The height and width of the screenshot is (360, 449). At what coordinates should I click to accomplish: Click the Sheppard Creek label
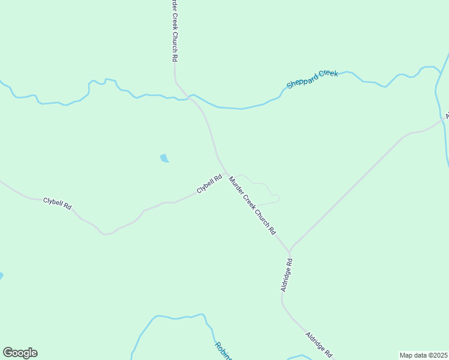tap(312, 79)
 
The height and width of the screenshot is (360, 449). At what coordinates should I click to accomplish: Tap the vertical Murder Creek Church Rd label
tap(174, 30)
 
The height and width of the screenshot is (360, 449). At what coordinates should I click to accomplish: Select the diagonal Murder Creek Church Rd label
tap(252, 205)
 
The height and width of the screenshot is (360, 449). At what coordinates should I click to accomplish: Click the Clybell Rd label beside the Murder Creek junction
tap(209, 184)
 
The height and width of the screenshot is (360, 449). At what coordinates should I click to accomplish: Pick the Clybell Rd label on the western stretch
tap(58, 203)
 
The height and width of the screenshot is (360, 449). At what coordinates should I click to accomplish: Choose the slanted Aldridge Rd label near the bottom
tap(319, 345)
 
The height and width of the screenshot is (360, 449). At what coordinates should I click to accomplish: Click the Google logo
tap(20, 353)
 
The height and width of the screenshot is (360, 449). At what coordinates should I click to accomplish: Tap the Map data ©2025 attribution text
tap(424, 355)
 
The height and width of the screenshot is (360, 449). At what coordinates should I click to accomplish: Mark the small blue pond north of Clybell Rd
tap(164, 158)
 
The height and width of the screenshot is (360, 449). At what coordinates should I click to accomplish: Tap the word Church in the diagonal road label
tap(259, 215)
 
